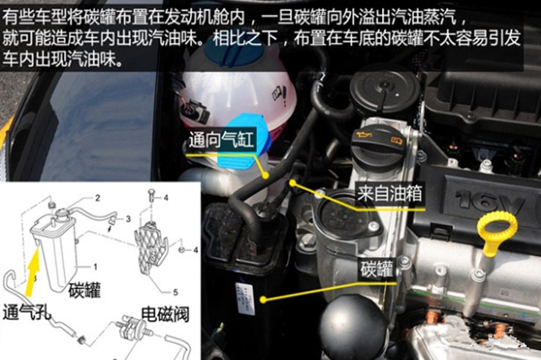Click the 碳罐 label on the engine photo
click(x=373, y=270)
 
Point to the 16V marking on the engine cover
click(x=491, y=202)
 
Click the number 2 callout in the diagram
click(x=97, y=198)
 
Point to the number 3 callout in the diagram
click(x=128, y=218)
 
